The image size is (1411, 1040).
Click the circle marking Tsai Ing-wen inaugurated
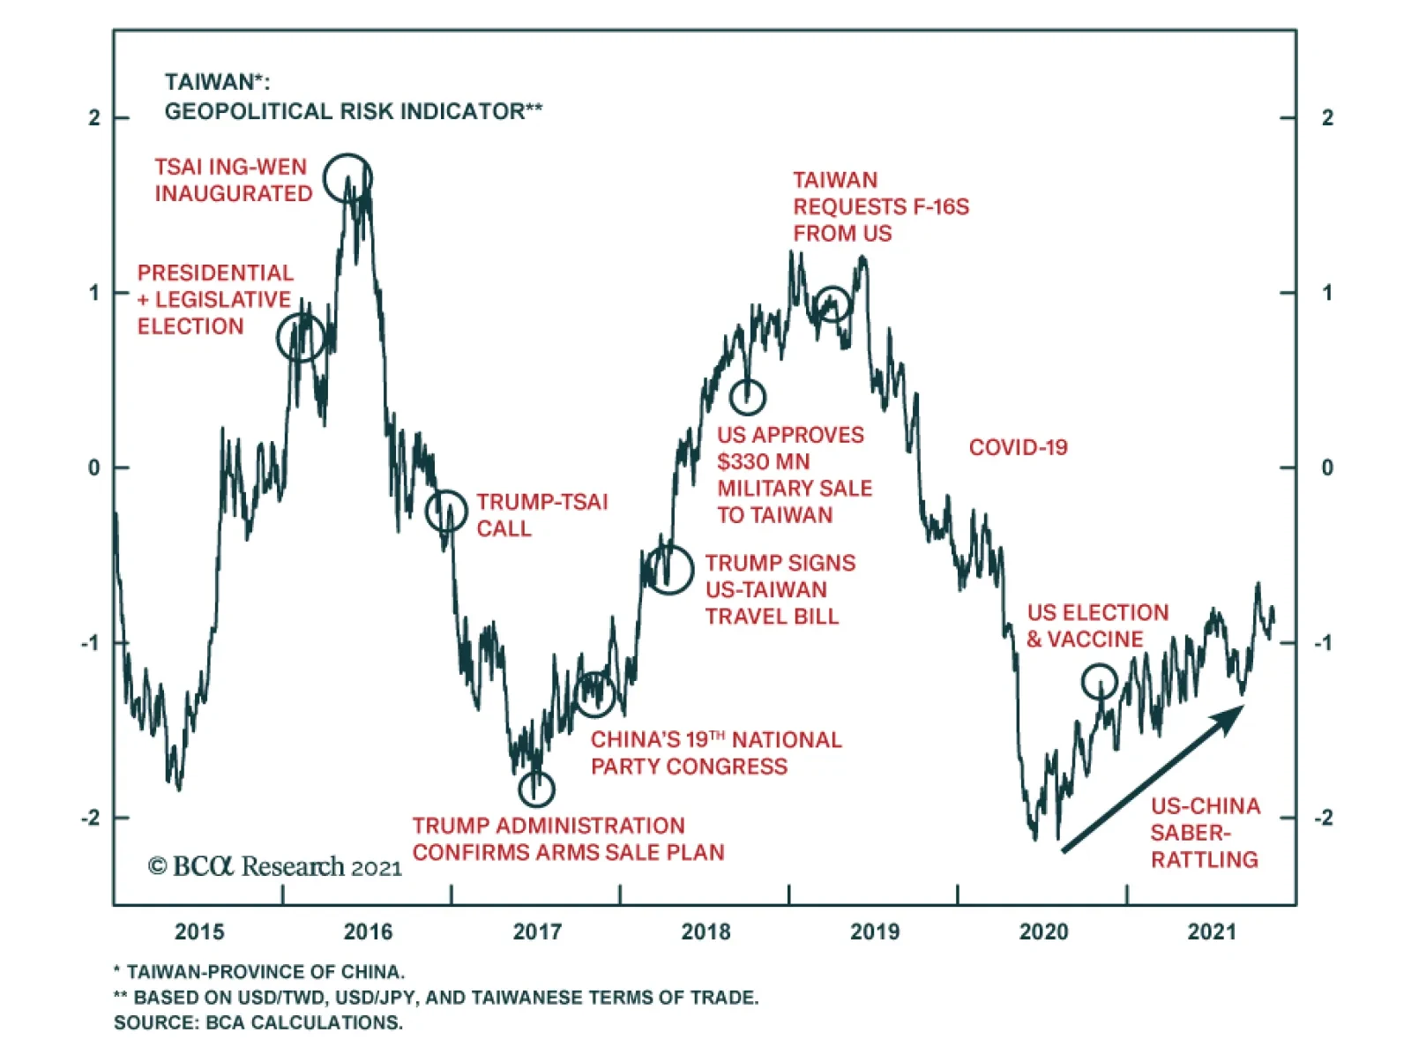coord(347,177)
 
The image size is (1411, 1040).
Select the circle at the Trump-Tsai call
coord(446,510)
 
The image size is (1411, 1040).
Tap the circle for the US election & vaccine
coord(1100,681)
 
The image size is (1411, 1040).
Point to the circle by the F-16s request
coord(832,304)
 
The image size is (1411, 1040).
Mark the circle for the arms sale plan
coord(536,788)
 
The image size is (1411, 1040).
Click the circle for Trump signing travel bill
coord(668,569)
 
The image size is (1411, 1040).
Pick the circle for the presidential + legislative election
coord(301,337)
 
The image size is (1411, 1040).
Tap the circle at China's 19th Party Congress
coord(595,693)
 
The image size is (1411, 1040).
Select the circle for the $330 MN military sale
coord(748,397)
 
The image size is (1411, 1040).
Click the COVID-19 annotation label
coord(1018,447)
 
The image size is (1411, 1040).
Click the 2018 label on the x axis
coord(705,932)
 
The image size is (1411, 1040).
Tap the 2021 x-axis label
coord(1212,932)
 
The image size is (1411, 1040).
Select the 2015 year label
coord(199,932)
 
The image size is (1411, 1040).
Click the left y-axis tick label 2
coord(94,117)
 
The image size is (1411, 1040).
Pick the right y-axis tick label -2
coord(1324,818)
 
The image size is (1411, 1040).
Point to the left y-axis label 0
coord(94,468)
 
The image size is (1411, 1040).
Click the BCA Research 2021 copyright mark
coord(274,867)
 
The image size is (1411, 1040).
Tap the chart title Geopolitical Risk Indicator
coord(353,111)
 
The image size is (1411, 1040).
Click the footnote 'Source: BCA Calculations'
coord(258,1022)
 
